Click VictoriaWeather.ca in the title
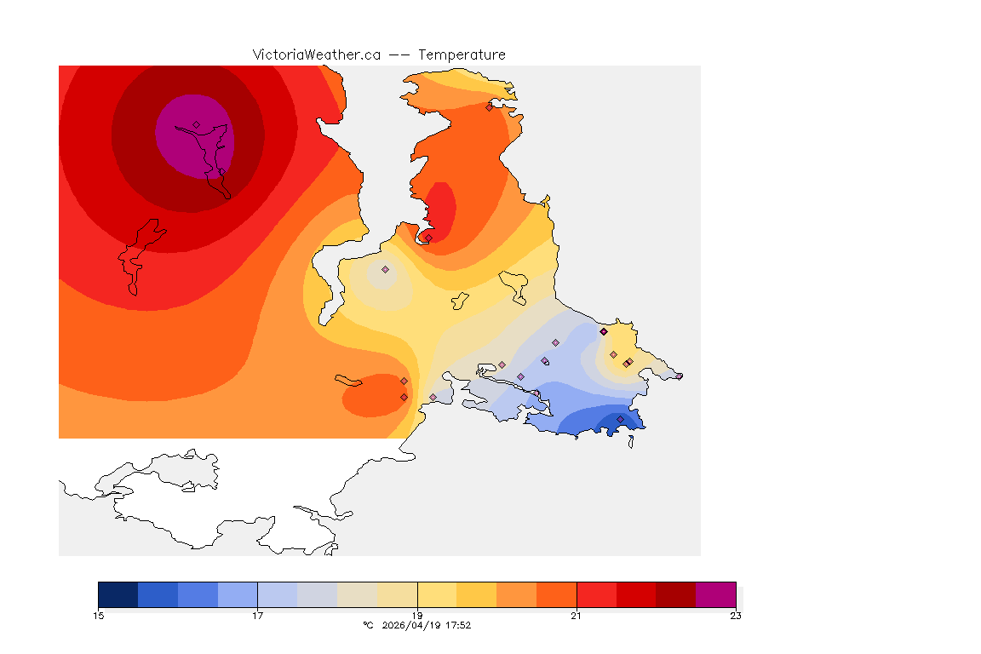(316, 54)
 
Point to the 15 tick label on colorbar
(99, 616)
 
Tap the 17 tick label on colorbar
(257, 616)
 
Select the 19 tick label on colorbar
(417, 616)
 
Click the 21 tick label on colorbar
(577, 616)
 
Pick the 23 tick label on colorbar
(735, 616)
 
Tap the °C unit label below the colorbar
(368, 625)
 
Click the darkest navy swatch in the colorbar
(118, 594)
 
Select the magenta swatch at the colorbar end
(715, 594)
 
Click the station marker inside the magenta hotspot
(196, 124)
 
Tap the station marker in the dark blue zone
(620, 419)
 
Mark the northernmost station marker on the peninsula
(489, 107)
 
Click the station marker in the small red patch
(428, 238)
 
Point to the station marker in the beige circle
(385, 269)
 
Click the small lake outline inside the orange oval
(349, 380)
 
